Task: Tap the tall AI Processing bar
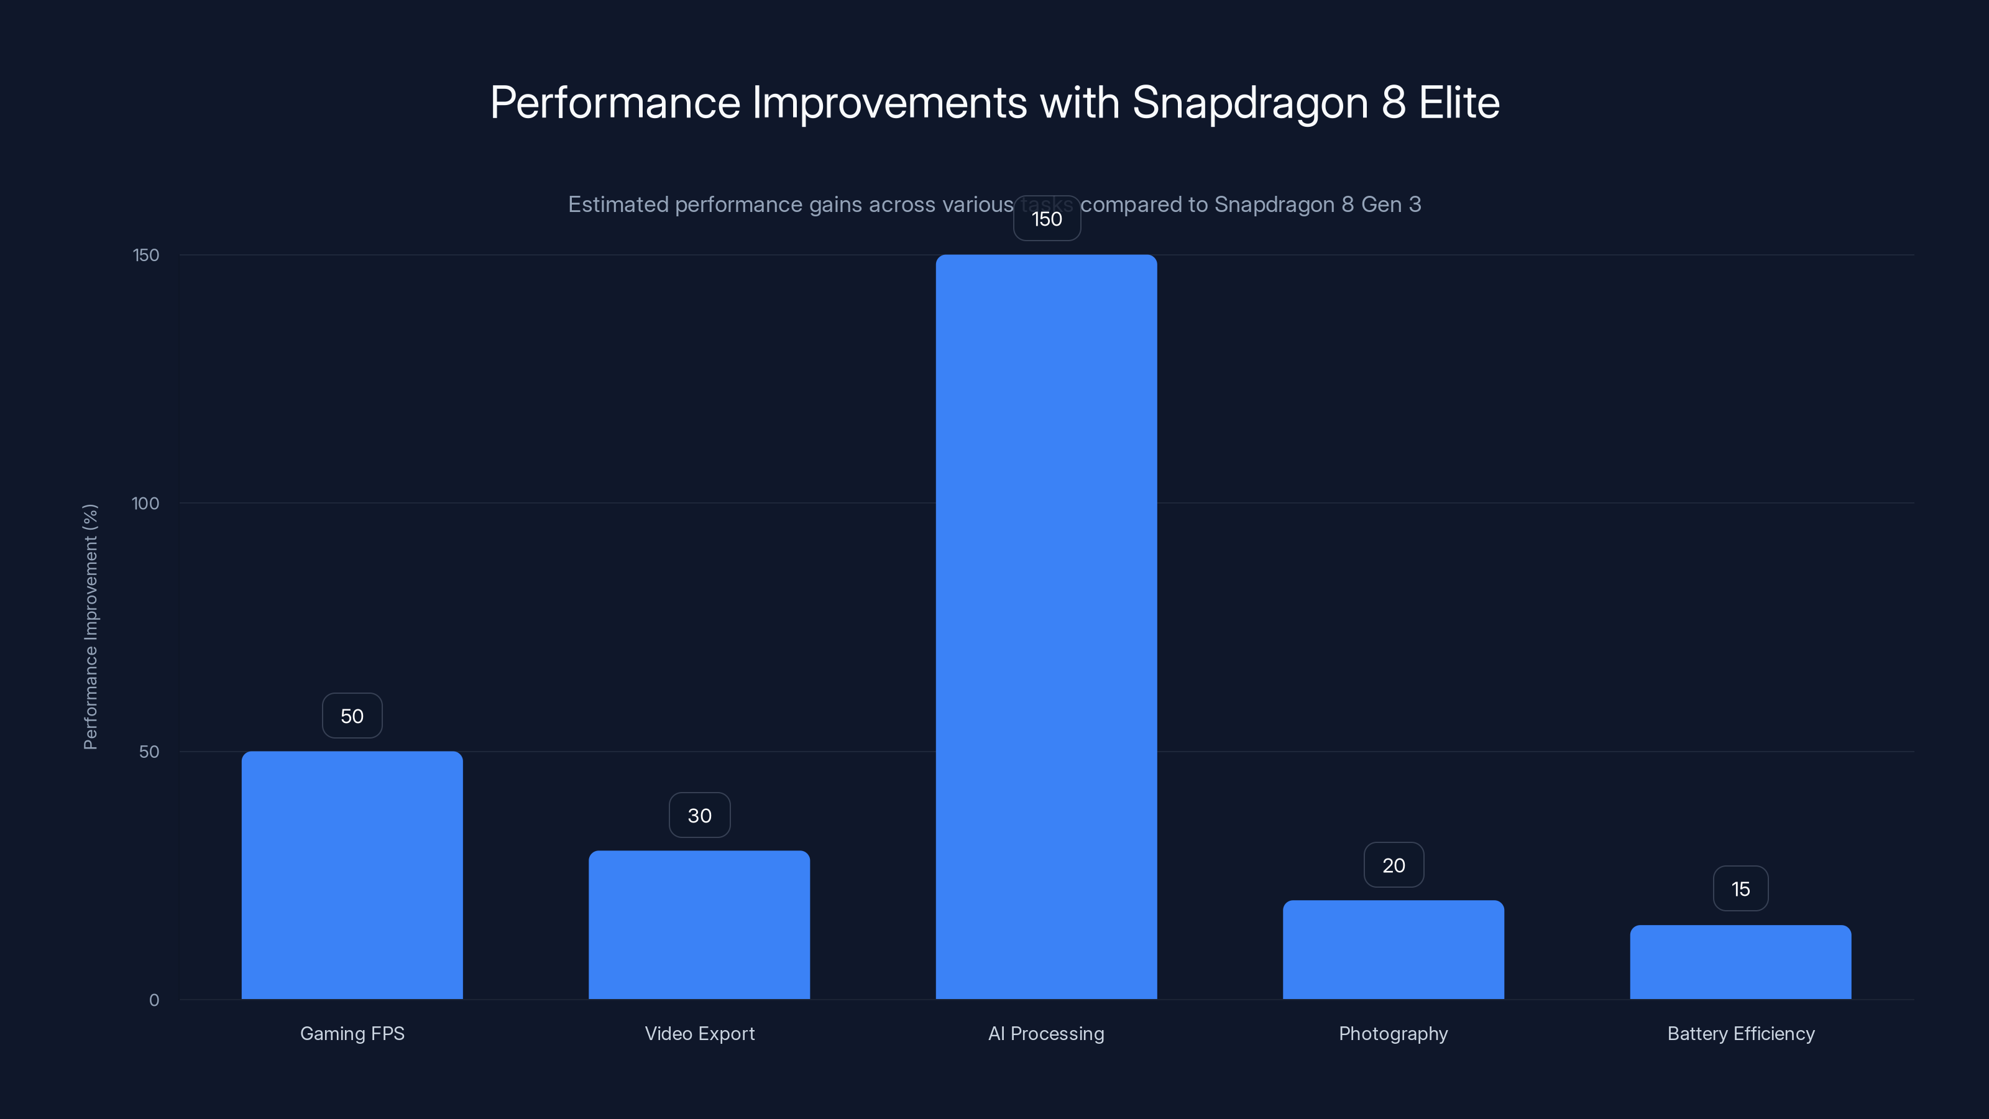click(x=1046, y=626)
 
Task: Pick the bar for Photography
click(x=1393, y=949)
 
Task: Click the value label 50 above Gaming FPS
click(x=352, y=716)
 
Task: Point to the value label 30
click(x=699, y=816)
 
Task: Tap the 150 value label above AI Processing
click(x=1046, y=219)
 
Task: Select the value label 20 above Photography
click(x=1393, y=865)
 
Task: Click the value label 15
click(x=1740, y=889)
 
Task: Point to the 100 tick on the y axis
click(x=145, y=504)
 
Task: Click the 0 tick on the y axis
click(x=154, y=1000)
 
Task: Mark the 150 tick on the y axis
click(x=145, y=255)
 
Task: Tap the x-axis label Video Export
click(x=699, y=1033)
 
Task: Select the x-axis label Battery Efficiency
click(x=1740, y=1033)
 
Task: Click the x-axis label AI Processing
click(x=1046, y=1033)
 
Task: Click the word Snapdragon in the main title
click(x=1249, y=103)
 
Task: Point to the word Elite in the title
click(x=1459, y=103)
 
